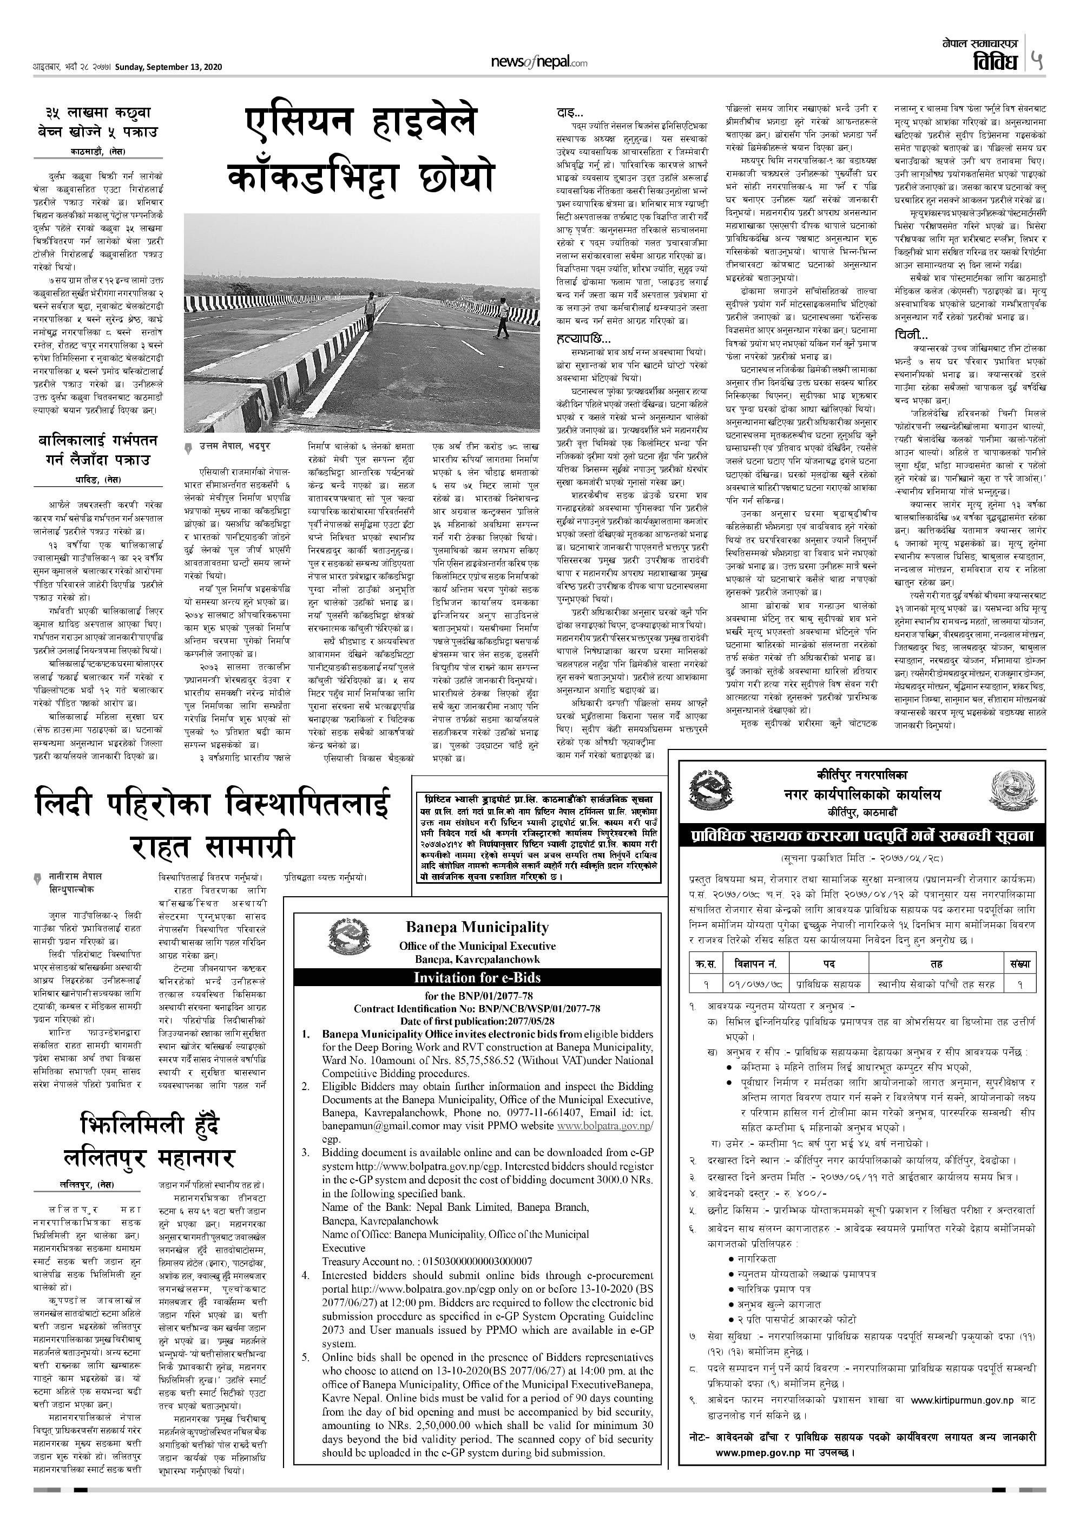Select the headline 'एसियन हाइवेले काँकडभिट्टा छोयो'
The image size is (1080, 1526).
click(361, 150)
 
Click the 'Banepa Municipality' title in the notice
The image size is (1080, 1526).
click(477, 927)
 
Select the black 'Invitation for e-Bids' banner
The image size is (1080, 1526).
click(477, 977)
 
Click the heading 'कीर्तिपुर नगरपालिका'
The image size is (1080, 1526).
click(862, 775)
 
